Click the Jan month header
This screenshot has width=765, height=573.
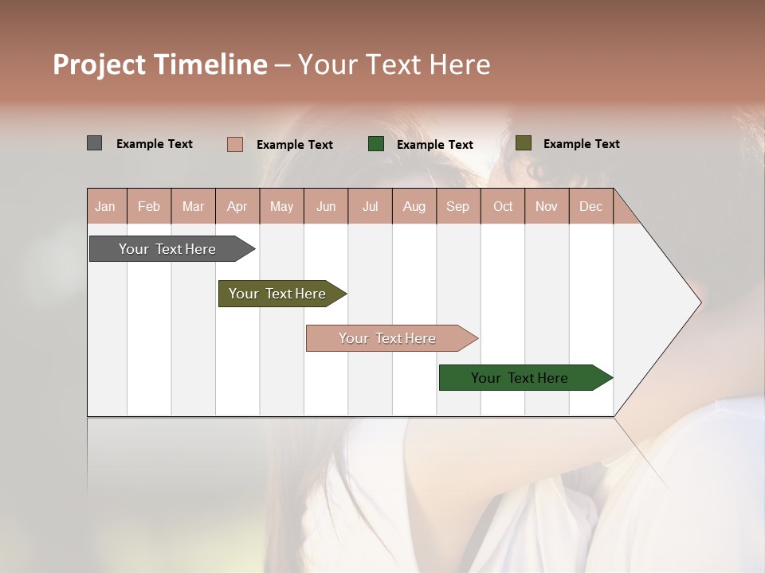coord(105,206)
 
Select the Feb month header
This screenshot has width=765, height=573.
coord(149,206)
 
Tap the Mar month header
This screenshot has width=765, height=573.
coord(193,206)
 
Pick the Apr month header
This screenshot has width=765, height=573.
coord(237,206)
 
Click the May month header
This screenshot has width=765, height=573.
coord(281,206)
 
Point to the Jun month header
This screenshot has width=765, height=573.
coord(326,206)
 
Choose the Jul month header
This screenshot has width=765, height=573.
coord(370,206)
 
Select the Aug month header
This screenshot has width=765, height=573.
coord(414,206)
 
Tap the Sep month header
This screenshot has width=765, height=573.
coord(457,206)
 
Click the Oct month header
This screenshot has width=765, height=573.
coord(503,206)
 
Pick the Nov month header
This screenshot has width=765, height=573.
coord(547,206)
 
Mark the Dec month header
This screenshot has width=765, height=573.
coord(590,206)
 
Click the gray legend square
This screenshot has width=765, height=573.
coord(94,143)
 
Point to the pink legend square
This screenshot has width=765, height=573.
coord(234,144)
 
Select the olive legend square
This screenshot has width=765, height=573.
coord(523,143)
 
